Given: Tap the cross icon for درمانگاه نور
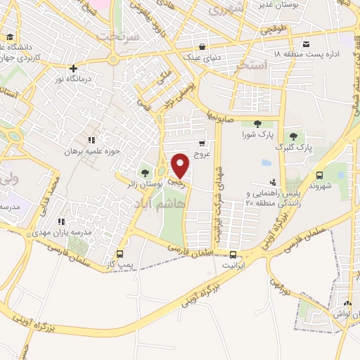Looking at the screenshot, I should pyautogui.click(x=73, y=68).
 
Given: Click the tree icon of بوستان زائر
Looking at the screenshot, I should pyautogui.click(x=145, y=172).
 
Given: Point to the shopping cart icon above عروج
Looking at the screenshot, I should pyautogui.click(x=202, y=143).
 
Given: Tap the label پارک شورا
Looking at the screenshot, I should pyautogui.click(x=256, y=134).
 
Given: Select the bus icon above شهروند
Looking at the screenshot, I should pyautogui.click(x=320, y=175).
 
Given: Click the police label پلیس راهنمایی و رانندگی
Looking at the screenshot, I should pyautogui.click(x=271, y=193).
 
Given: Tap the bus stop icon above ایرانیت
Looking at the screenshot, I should pyautogui.click(x=233, y=256).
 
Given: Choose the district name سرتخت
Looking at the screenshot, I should pyautogui.click(x=115, y=34).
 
